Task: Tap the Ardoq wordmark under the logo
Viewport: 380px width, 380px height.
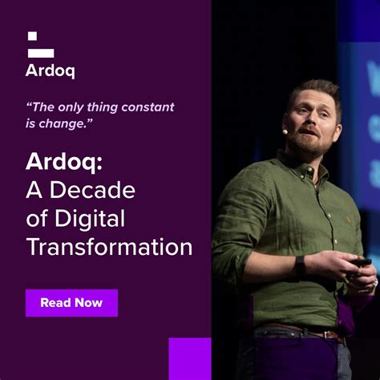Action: coord(51,71)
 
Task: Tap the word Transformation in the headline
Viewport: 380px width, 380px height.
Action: coord(109,246)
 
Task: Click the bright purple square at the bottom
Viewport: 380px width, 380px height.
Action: coord(190,358)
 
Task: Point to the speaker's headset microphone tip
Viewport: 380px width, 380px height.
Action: coord(285,131)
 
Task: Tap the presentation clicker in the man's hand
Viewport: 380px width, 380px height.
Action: coord(362,262)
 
